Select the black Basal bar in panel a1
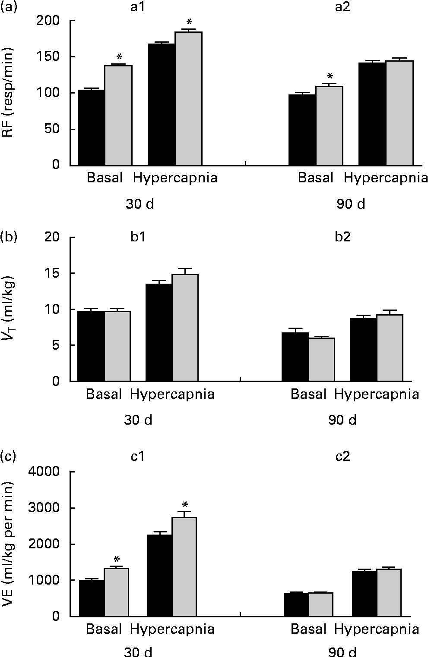92,127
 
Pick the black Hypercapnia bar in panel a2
372,114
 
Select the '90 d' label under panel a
351,204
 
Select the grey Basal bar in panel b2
321,360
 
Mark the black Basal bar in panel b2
295,357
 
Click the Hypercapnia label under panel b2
377,394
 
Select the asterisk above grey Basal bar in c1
117,559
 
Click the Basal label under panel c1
104,629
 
